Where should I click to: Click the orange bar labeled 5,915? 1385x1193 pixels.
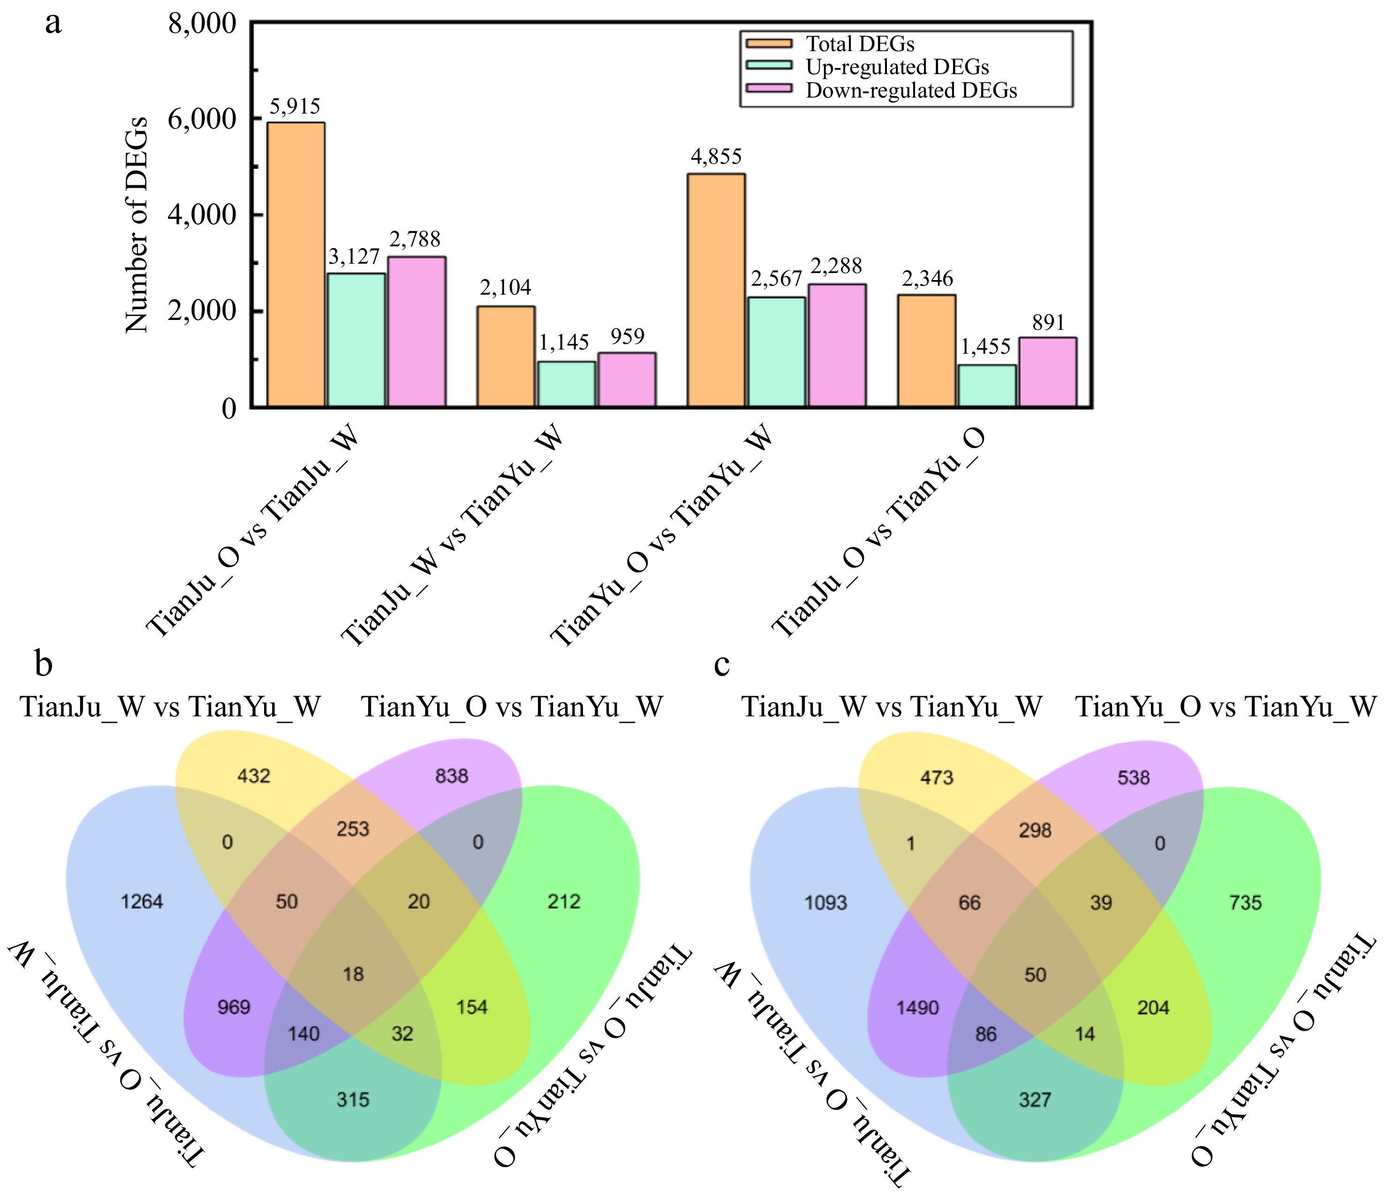[x=296, y=264]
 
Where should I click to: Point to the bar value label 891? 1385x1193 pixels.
[x=1048, y=323]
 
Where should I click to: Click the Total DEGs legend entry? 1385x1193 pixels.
[x=860, y=44]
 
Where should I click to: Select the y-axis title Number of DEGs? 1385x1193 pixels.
[x=136, y=224]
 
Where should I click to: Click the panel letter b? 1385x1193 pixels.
[x=44, y=663]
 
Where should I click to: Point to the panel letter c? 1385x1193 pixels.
[x=722, y=664]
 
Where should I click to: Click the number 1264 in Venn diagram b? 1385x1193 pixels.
[x=142, y=902]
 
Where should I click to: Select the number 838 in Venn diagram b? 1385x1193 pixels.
[x=452, y=776]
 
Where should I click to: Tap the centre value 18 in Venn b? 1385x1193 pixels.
[x=353, y=973]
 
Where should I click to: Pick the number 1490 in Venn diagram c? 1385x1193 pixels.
[x=918, y=1007]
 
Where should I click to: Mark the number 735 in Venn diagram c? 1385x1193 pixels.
[x=1245, y=903]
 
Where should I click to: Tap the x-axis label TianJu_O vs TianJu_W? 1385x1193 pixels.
[x=253, y=532]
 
